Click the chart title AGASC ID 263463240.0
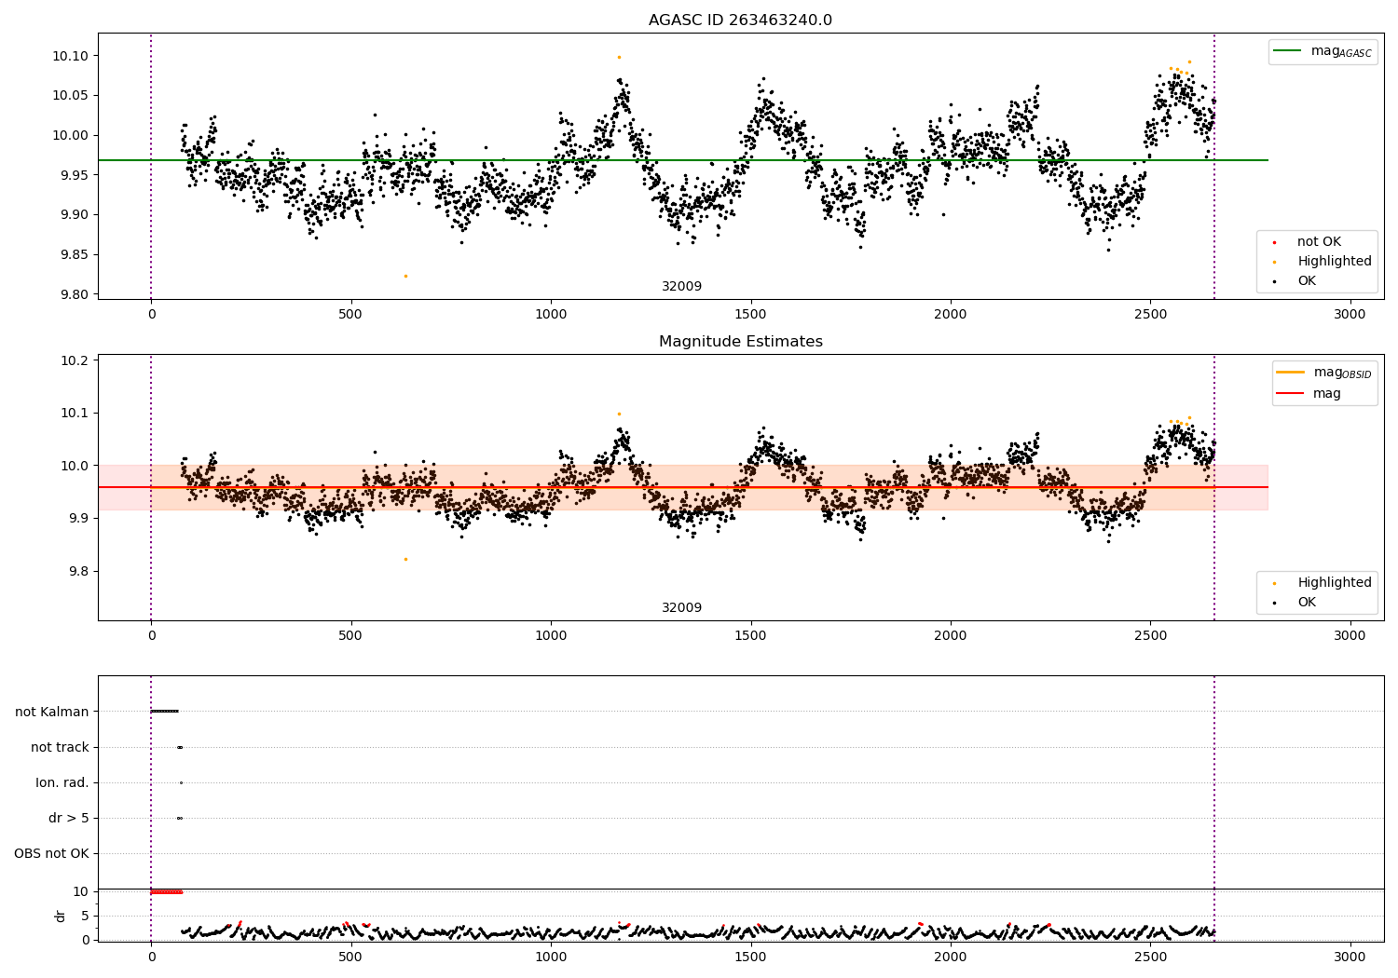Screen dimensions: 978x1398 pyautogui.click(x=740, y=20)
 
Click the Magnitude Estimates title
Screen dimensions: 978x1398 pyautogui.click(x=740, y=342)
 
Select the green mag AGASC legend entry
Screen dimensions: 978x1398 pyautogui.click(x=1323, y=51)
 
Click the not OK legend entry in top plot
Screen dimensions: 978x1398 pyautogui.click(x=1318, y=242)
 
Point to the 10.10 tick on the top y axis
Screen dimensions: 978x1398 pyautogui.click(x=70, y=56)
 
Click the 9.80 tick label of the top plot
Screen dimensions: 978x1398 pyautogui.click(x=70, y=294)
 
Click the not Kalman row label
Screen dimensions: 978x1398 pyautogui.click(x=52, y=712)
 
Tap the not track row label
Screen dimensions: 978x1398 pyautogui.click(x=60, y=747)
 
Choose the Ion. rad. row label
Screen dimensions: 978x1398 pyautogui.click(x=62, y=782)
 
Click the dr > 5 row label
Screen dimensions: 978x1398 pyautogui.click(x=69, y=818)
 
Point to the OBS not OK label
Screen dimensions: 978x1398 pyautogui.click(x=51, y=853)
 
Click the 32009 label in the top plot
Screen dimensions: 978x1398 pyautogui.click(x=681, y=287)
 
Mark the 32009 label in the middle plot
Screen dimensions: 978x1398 pyautogui.click(x=681, y=608)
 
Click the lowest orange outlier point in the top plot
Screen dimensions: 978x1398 pyautogui.click(x=405, y=276)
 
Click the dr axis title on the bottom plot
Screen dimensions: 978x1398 pyautogui.click(x=61, y=916)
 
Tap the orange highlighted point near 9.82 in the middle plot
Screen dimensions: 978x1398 pyautogui.click(x=405, y=559)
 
